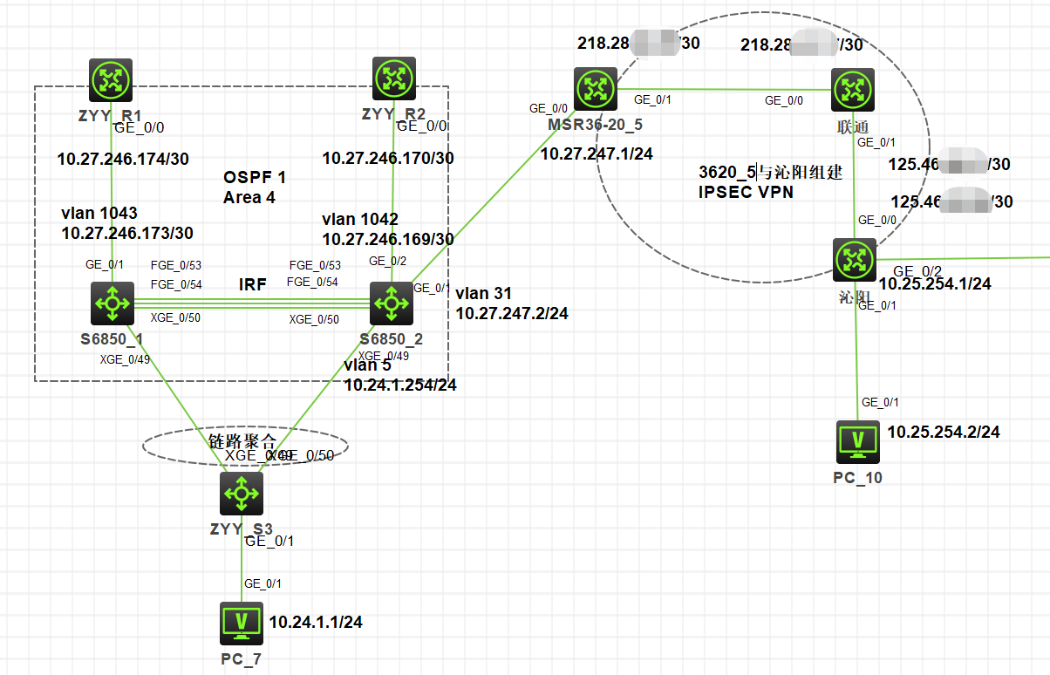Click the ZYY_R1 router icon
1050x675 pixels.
[111, 80]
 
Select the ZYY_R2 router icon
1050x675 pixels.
[393, 79]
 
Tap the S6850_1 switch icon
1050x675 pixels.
[112, 303]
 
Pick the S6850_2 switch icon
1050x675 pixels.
[392, 303]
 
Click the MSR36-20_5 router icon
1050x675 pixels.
[596, 88]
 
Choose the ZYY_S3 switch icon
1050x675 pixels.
[241, 493]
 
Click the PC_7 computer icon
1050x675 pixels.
[242, 623]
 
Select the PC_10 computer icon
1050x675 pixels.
[858, 442]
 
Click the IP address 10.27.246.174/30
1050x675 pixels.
[123, 160]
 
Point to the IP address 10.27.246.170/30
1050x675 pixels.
[388, 159]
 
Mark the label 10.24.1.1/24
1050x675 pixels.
[316, 623]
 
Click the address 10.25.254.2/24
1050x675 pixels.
[944, 432]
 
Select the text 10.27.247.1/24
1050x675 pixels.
[597, 153]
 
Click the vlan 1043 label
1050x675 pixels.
[99, 214]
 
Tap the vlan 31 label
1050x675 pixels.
[483, 294]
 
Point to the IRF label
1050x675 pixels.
[253, 284]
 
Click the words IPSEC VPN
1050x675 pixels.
[746, 192]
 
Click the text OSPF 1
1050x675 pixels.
[255, 178]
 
